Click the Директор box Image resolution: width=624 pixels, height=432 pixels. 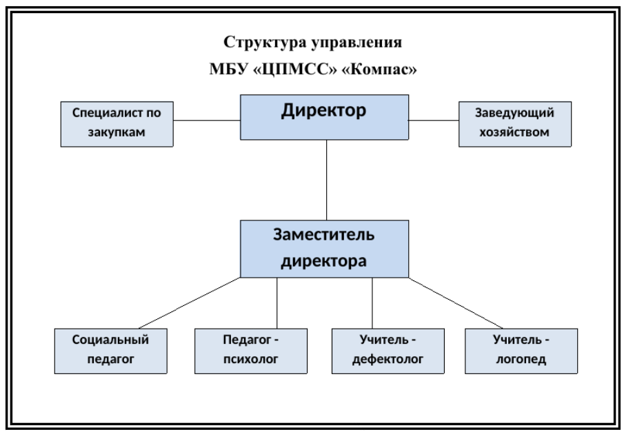(324, 117)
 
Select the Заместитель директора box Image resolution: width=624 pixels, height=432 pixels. (324, 249)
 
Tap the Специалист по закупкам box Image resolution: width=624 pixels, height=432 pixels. (117, 124)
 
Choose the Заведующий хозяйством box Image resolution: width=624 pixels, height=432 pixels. (515, 124)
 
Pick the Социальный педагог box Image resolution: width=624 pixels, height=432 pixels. (110, 351)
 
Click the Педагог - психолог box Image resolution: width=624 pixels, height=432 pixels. (251, 351)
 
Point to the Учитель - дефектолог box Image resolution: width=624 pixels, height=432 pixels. (388, 351)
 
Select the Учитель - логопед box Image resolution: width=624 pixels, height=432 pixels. (521, 351)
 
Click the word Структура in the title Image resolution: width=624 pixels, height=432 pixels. (264, 43)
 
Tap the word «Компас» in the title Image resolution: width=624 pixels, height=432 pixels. (379, 69)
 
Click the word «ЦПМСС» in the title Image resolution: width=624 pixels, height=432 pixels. (295, 70)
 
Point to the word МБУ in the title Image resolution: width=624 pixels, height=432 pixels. (228, 69)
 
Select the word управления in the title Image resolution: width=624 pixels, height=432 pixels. (356, 43)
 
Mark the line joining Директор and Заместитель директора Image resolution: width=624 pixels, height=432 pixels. (327, 180)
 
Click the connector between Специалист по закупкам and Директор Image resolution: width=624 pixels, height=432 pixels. (207, 120)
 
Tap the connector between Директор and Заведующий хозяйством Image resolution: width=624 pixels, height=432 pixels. (434, 120)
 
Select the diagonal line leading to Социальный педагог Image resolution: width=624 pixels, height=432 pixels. (190, 303)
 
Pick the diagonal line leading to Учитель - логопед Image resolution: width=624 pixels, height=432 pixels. (456, 303)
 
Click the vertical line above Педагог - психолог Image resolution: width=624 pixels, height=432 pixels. (277, 303)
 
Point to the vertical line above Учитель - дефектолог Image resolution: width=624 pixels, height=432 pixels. (372, 303)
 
